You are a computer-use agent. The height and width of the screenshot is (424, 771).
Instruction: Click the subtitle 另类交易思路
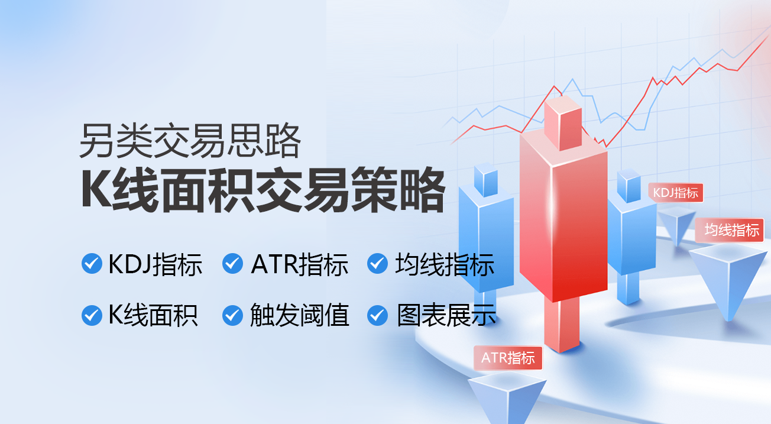(190, 141)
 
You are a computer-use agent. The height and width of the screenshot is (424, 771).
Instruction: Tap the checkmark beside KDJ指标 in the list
(92, 264)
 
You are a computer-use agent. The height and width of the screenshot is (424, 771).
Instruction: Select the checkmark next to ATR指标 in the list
(232, 264)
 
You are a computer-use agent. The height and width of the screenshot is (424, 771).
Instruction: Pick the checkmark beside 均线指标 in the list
(377, 264)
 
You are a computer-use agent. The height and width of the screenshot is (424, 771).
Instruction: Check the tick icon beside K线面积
(92, 315)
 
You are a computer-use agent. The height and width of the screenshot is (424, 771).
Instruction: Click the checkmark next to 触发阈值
(232, 315)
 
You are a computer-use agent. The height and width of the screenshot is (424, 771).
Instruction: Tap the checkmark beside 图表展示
(377, 315)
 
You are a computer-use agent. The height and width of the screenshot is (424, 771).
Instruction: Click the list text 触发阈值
(299, 315)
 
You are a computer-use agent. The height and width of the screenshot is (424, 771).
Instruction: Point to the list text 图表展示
(446, 315)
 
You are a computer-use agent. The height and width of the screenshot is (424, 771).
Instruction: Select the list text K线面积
(153, 315)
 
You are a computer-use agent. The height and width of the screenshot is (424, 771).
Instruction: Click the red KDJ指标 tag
(675, 193)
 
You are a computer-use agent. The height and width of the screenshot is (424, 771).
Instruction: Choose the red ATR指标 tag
(508, 358)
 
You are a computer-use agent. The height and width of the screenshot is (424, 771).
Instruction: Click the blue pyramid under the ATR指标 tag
(507, 397)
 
